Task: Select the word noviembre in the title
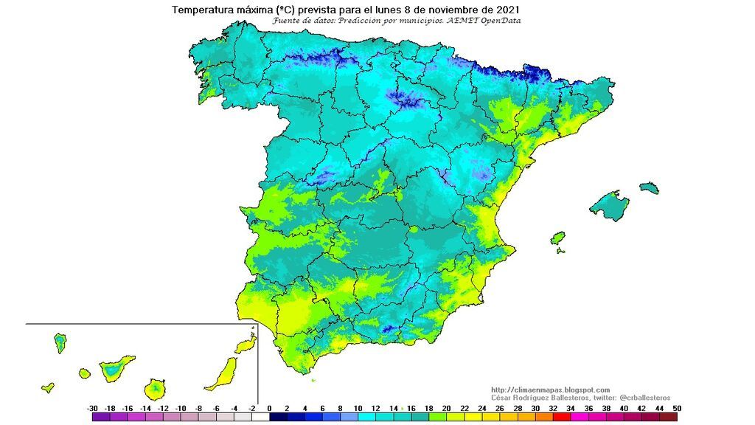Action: click(x=450, y=10)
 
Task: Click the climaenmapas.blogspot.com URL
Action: click(x=550, y=390)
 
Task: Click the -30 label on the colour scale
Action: click(x=92, y=408)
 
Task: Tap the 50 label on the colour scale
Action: click(x=677, y=408)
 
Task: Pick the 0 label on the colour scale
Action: click(x=269, y=408)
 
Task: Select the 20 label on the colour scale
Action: click(x=446, y=408)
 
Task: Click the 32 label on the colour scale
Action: click(x=553, y=408)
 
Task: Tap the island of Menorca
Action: click(x=649, y=187)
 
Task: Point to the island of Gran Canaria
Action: click(x=156, y=387)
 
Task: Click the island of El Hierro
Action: click(x=48, y=386)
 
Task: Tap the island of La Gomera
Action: click(x=85, y=373)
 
